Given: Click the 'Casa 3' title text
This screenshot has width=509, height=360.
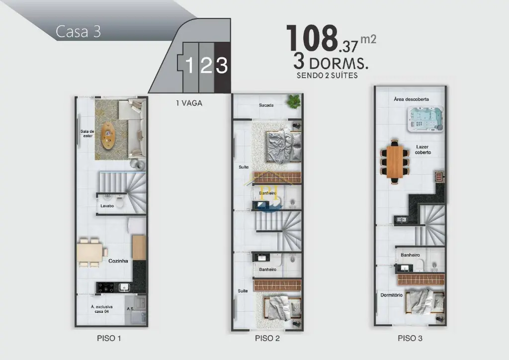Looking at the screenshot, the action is (x=78, y=31).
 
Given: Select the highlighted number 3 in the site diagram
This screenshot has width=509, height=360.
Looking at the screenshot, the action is (x=222, y=65).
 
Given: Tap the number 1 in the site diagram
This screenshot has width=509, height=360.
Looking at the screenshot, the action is (x=189, y=65).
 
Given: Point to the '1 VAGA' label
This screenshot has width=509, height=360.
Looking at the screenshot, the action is (x=189, y=103).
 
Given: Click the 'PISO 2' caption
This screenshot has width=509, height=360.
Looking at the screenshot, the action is (x=267, y=338).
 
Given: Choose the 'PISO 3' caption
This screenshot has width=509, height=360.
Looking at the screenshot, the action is (x=410, y=338).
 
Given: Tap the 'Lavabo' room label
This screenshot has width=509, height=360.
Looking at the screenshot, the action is (x=107, y=206).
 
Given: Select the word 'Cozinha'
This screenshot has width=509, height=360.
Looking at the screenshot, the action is (x=118, y=261).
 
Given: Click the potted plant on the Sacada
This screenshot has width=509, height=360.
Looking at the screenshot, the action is (x=294, y=101).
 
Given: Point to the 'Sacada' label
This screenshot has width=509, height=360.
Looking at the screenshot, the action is (x=266, y=105).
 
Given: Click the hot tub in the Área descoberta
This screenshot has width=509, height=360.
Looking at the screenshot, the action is (x=425, y=119).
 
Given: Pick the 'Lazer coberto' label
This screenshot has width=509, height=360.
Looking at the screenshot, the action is (x=423, y=150).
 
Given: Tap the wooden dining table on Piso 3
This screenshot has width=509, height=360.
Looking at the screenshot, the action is (x=395, y=162).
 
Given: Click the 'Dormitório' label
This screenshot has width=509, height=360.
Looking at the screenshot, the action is (x=392, y=295).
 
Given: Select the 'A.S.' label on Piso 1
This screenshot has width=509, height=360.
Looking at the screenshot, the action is (x=131, y=309).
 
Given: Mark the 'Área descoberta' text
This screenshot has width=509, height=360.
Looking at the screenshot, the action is (x=411, y=99).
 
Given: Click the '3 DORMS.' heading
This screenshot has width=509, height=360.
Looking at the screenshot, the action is (x=331, y=62).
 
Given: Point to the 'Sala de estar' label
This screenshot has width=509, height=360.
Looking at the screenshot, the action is (x=87, y=133).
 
